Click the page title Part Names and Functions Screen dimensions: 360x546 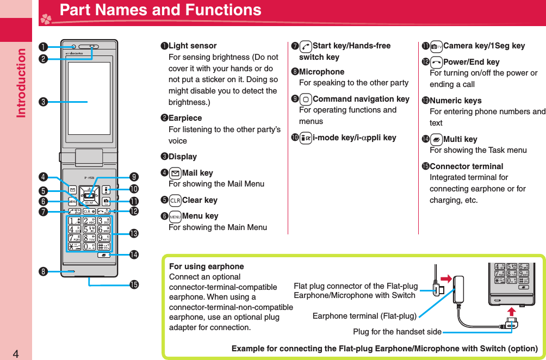coord(160,10)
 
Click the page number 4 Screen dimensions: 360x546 coord(16,354)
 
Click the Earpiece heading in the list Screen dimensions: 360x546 coord(185,118)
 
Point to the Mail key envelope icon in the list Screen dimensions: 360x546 coord(175,173)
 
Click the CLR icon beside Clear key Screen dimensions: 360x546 coord(175,200)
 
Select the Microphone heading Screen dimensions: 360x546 coord(321,72)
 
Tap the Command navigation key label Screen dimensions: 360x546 coord(361,99)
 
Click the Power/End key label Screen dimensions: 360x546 coord(471,62)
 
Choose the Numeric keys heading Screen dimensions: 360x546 coord(455,101)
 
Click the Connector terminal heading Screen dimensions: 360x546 coord(466,166)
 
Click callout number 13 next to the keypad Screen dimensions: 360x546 coord(134,234)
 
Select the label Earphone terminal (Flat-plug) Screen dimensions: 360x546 coord(364,316)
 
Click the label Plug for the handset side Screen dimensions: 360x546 coord(397,331)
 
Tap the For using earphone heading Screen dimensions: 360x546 coord(207,266)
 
